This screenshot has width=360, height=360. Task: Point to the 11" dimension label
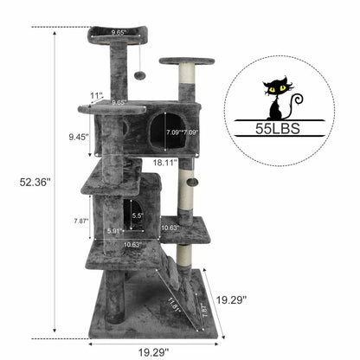(x=95, y=95)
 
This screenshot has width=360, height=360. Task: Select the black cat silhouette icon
(x=279, y=99)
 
